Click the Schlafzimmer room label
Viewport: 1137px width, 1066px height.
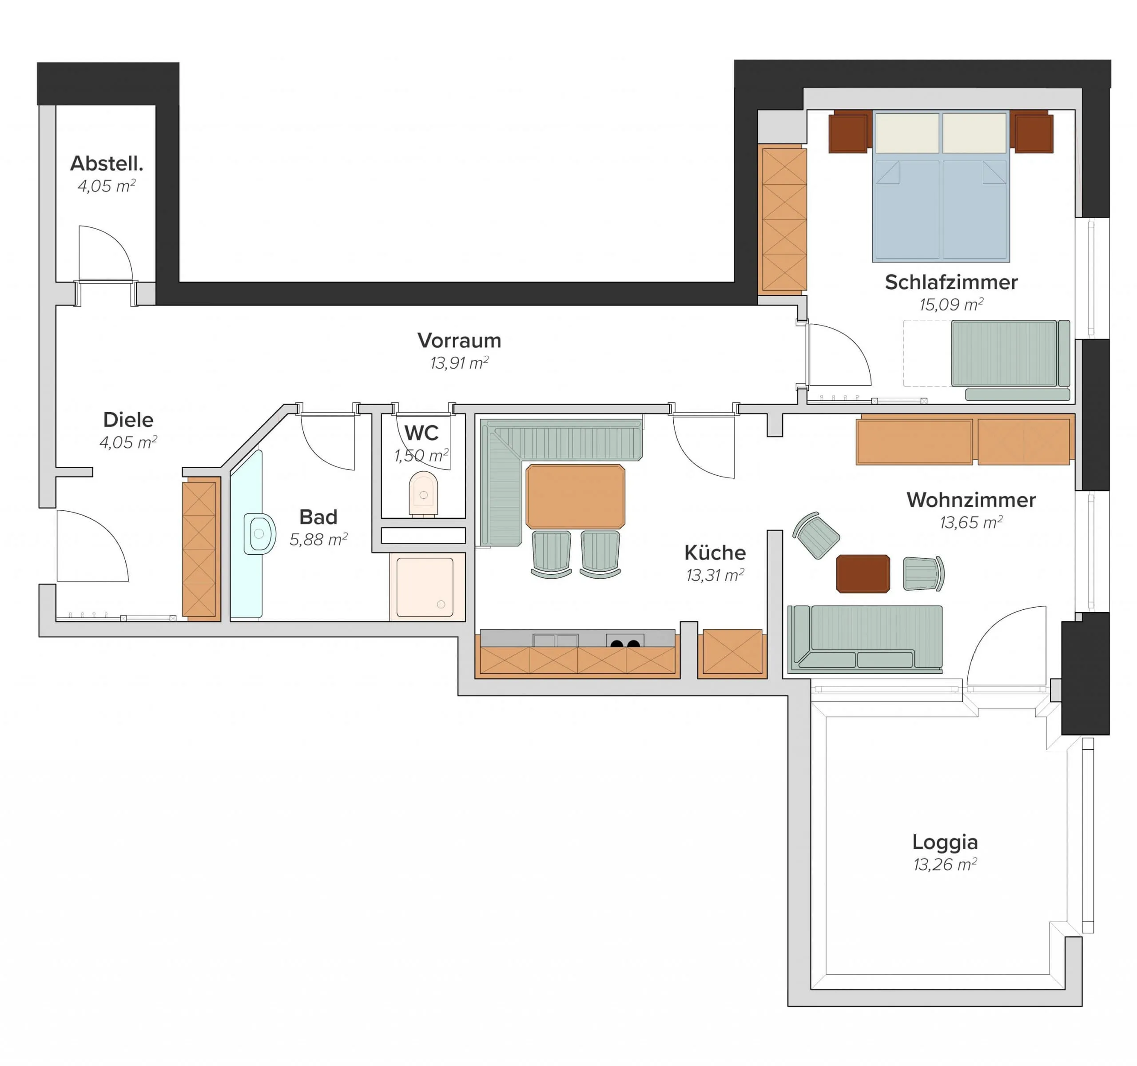coord(951,282)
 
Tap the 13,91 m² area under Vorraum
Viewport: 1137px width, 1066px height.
coord(459,362)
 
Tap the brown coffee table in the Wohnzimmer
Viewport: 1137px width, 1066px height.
coord(863,573)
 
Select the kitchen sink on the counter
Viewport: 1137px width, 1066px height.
coord(555,640)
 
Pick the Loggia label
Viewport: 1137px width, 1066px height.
coord(945,842)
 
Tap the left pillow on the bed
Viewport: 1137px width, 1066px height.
coord(907,133)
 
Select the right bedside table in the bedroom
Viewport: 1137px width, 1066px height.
coord(1032,132)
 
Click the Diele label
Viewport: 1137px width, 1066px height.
coord(128,420)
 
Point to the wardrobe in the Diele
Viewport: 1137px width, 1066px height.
coord(201,549)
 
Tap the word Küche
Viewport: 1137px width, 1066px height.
coord(715,553)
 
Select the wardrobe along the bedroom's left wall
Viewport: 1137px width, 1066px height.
coord(783,219)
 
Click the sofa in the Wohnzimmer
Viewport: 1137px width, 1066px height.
coord(865,638)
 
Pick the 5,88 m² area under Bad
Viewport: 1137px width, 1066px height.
coord(318,539)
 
